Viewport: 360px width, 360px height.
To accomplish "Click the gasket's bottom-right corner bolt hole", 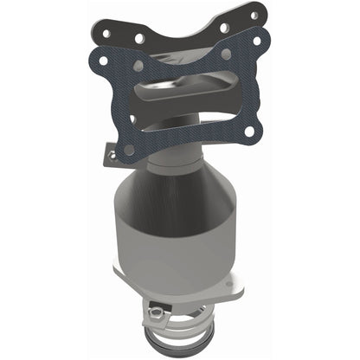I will point(251,132).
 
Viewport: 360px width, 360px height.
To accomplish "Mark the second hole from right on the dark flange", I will point(224,27).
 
